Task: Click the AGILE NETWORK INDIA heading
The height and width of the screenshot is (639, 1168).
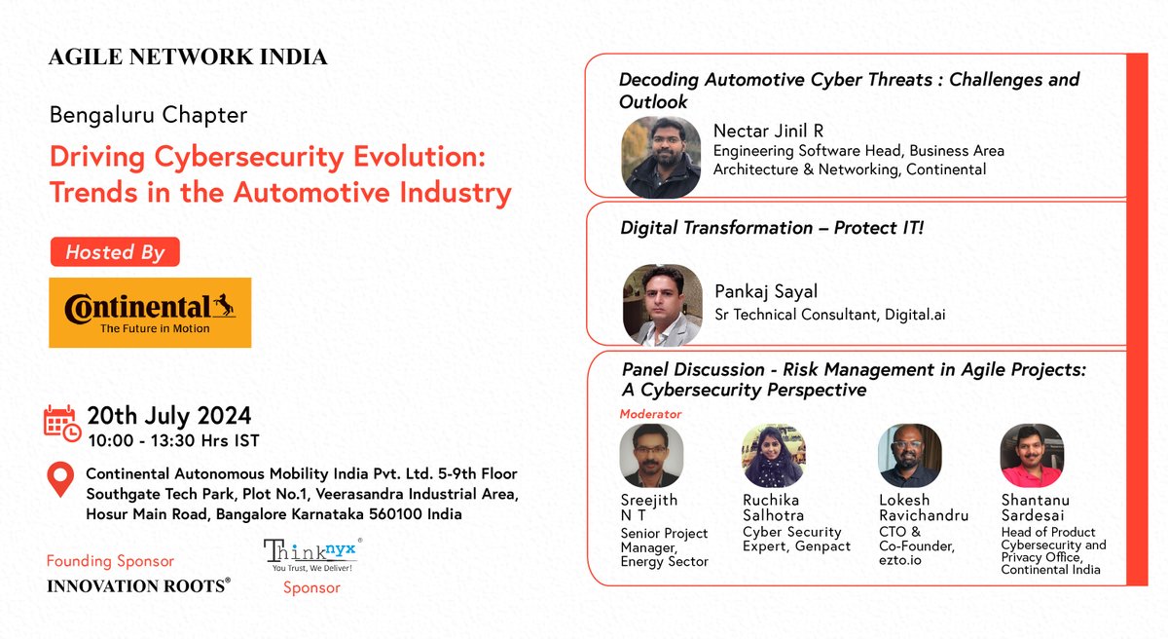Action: (188, 57)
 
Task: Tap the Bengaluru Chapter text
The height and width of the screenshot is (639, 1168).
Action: (148, 115)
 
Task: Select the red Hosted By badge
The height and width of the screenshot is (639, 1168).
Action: (115, 252)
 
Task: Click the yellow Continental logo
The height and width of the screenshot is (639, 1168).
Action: (150, 313)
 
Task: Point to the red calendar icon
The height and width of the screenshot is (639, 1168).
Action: (62, 423)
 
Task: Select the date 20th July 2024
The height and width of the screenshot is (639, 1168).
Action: (169, 416)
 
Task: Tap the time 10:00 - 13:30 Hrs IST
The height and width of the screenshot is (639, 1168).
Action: (173, 440)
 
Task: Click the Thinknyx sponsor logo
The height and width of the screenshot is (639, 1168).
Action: (312, 555)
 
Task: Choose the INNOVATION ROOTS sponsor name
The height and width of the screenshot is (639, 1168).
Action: (139, 584)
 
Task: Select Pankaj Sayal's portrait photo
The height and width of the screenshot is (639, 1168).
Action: (662, 304)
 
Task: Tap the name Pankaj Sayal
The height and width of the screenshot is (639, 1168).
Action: (765, 292)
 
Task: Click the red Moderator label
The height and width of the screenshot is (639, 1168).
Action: (650, 414)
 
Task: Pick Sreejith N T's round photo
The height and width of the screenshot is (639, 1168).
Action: (651, 456)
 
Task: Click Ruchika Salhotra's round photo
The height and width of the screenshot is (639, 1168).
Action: (773, 456)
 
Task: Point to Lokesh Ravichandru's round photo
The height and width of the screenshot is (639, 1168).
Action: (909, 456)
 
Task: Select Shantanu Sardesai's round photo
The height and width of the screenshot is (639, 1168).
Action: (1032, 456)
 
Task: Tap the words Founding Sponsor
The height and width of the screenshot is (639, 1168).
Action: (110, 561)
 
